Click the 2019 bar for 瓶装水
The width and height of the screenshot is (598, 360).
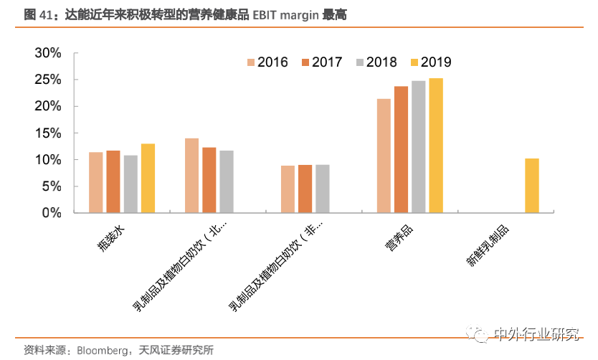pos(148,179)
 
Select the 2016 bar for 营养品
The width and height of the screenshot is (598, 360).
pos(384,156)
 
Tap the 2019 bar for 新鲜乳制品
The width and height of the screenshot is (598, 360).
pos(531,186)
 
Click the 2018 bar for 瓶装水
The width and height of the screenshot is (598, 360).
pos(130,184)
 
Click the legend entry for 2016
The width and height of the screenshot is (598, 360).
pos(267,62)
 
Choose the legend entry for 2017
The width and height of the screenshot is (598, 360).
pos(321,62)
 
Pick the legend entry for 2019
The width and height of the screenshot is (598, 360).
pos(429,62)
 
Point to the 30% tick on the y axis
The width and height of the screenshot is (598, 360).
pos(49,54)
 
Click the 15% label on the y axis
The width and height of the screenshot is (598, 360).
pos(49,133)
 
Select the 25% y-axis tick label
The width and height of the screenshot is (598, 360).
pos(49,80)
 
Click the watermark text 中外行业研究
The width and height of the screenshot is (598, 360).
pos(536,335)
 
